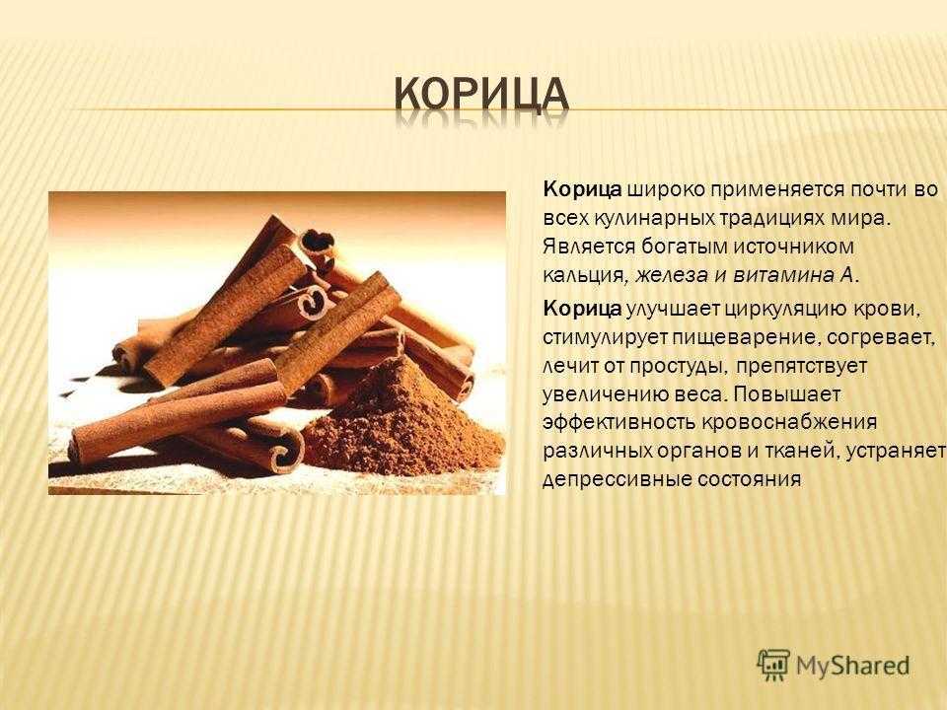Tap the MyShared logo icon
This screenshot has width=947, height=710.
(773, 666)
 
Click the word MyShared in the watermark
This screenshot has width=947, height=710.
(852, 666)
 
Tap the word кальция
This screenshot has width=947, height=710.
(582, 276)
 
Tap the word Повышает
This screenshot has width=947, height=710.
(786, 394)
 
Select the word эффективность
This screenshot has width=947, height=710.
(619, 422)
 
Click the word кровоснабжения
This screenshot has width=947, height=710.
(789, 422)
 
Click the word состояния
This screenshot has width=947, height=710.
(750, 479)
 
